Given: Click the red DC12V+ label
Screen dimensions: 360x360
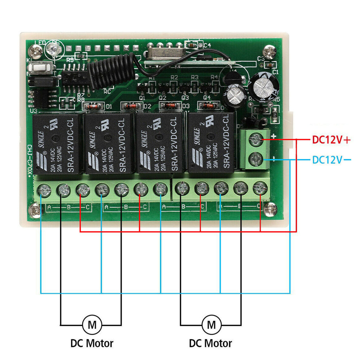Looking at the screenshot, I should pos(331,140).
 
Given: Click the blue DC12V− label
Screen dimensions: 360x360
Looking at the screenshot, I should pos(331,160).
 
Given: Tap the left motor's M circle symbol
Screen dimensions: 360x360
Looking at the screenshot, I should pos(92,324).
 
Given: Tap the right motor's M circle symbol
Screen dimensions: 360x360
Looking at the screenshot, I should pos(211,324).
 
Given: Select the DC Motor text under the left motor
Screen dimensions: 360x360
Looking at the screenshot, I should pos(92,343).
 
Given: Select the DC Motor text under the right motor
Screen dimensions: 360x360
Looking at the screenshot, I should pos(211,343).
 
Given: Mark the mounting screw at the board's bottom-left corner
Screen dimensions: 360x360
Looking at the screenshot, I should pos(36,211).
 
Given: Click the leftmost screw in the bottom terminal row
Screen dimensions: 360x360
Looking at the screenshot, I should pos(45,190).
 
